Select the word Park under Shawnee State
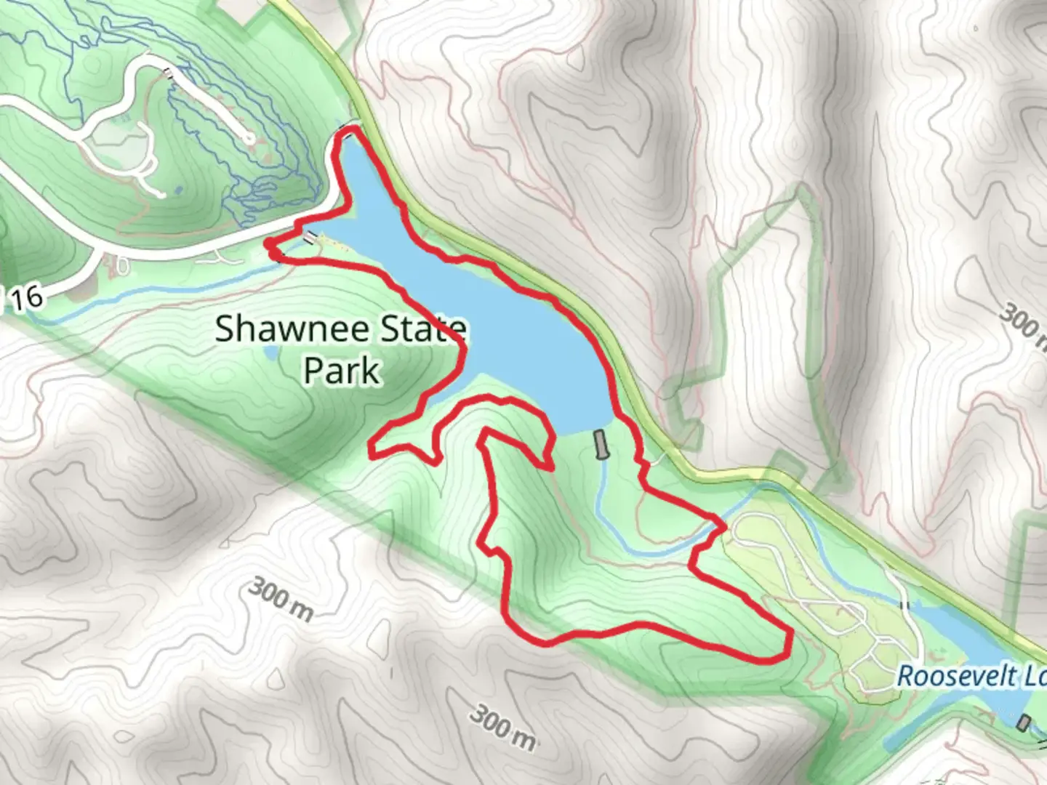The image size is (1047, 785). coord(342,370)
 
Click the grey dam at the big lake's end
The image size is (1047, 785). coord(600,444)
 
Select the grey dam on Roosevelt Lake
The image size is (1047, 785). coord(1024,722)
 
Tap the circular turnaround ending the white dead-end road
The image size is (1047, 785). coord(249,137)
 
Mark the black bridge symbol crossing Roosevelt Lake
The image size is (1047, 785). coord(905,605)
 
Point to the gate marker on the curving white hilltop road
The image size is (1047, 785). coord(169,72)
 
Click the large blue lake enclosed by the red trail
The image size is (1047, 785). coord(509,327)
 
